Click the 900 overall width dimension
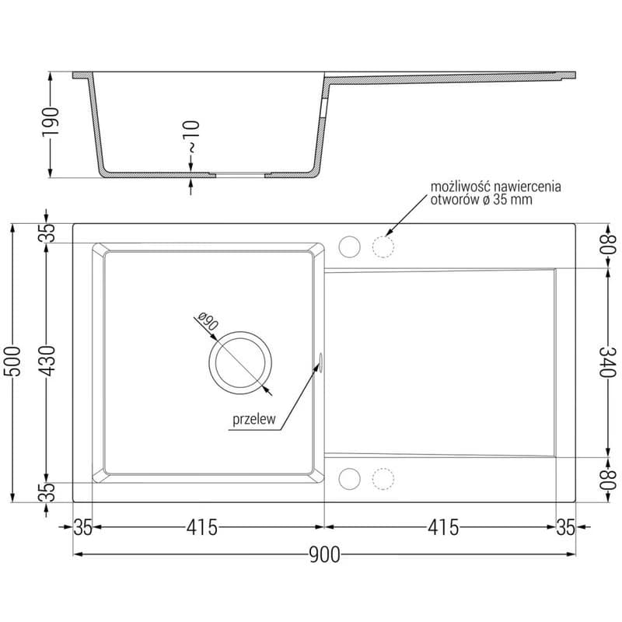pyautogui.click(x=324, y=554)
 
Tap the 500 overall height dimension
pyautogui.click(x=12, y=361)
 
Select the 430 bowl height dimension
pyautogui.click(x=48, y=361)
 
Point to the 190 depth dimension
pyautogui.click(x=51, y=122)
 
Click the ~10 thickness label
pyautogui.click(x=191, y=137)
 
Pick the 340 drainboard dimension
pyautogui.click(x=607, y=362)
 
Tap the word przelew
pyautogui.click(x=254, y=419)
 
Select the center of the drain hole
pyautogui.click(x=240, y=363)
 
